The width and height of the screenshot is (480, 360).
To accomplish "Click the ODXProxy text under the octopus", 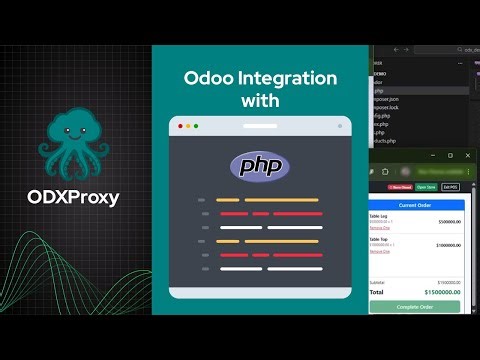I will [x=73, y=196].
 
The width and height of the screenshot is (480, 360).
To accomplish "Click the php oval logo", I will [x=259, y=165].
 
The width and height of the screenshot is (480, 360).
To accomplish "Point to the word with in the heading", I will [x=259, y=101].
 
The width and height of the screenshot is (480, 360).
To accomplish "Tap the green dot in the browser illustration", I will [x=196, y=126].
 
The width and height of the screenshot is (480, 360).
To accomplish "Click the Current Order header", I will [x=414, y=205].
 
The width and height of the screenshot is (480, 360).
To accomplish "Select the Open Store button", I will [x=426, y=187].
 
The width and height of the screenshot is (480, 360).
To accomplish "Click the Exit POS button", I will [x=451, y=187].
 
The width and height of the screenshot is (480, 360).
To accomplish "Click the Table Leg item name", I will [x=380, y=217].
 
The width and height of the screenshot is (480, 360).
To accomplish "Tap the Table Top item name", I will [x=380, y=241].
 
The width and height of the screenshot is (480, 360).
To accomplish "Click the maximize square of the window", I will [x=450, y=155].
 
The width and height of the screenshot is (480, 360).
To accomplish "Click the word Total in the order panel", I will [x=377, y=293].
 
